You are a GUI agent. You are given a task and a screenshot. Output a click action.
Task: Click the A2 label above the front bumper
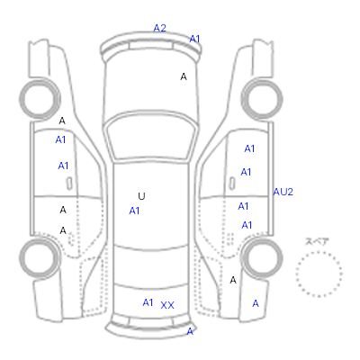click(x=159, y=28)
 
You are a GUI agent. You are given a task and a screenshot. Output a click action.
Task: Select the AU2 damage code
click(x=283, y=192)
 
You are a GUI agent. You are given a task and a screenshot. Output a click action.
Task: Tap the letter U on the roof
click(x=141, y=196)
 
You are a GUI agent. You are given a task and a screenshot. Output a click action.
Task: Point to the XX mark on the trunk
click(x=167, y=305)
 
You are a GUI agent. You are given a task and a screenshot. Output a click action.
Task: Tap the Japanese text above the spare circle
click(x=317, y=241)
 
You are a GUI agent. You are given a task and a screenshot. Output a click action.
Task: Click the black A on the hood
click(x=184, y=76)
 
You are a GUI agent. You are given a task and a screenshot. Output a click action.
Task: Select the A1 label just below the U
click(x=134, y=211)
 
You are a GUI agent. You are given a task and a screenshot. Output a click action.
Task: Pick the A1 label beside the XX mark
click(x=148, y=302)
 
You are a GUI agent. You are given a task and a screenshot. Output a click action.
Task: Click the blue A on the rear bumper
click(x=190, y=331)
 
